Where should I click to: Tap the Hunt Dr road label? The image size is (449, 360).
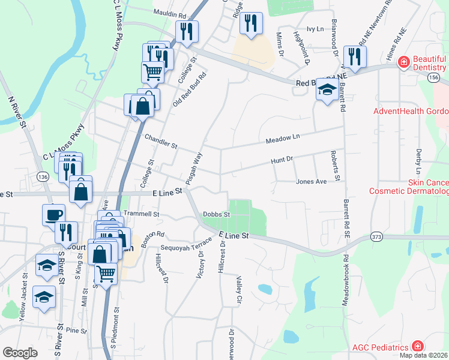pyautogui.click(x=281, y=160)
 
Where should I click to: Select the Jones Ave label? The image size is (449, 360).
pyautogui.click(x=311, y=181)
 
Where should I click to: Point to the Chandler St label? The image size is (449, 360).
pyautogui.click(x=161, y=142)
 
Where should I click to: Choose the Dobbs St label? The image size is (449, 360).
pyautogui.click(x=216, y=214)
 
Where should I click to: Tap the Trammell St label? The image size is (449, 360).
pyautogui.click(x=140, y=214)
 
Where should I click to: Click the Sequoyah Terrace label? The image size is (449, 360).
pyautogui.click(x=186, y=245)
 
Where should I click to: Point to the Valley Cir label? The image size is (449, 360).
pyautogui.click(x=238, y=290)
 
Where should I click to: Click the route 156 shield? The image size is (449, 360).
pyautogui.click(x=434, y=79)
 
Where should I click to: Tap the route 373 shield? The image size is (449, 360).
pyautogui.click(x=376, y=236)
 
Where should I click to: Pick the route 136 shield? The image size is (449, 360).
pyautogui.click(x=41, y=177)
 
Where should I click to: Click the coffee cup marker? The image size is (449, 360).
pyautogui.click(x=53, y=214)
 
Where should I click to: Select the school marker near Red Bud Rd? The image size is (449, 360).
pyautogui.click(x=327, y=91)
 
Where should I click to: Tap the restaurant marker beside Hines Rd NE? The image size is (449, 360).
pyautogui.click(x=355, y=56)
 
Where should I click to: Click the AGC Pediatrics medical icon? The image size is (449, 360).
pyautogui.click(x=417, y=347)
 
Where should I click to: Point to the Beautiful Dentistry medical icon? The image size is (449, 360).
pyautogui.click(x=404, y=61)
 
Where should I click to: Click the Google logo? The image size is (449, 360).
pyautogui.click(x=20, y=353)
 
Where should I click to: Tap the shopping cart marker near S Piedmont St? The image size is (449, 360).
pyautogui.click(x=106, y=274)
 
